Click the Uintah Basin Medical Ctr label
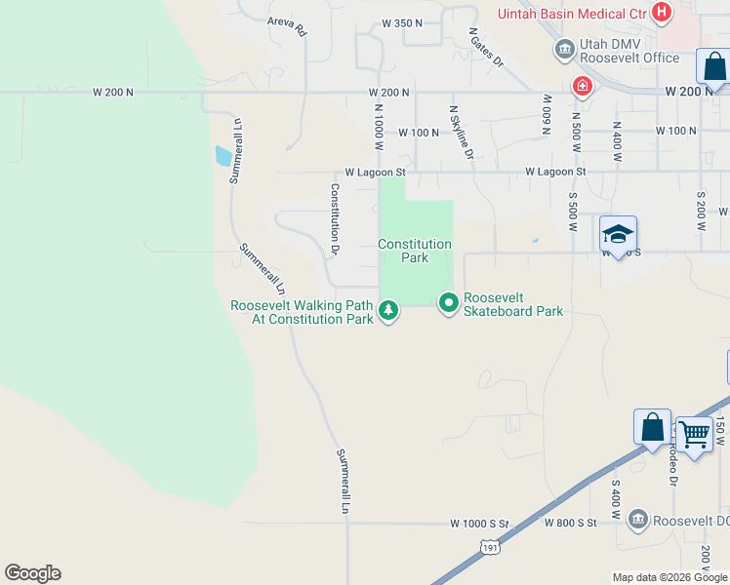[x=572, y=14]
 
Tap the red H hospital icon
[x=663, y=13]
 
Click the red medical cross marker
[x=583, y=86]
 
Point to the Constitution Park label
[x=416, y=251]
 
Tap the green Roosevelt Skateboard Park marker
[x=449, y=304]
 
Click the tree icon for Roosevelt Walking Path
[x=389, y=311]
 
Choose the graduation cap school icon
[x=618, y=234]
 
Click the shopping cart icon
[x=695, y=433]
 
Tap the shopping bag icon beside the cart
[x=652, y=427]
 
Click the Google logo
[x=32, y=573]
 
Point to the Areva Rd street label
[x=287, y=25]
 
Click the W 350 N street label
[x=402, y=21]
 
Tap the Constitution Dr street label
[x=335, y=219]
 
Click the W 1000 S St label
[x=480, y=524]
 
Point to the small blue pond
[x=223, y=155]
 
